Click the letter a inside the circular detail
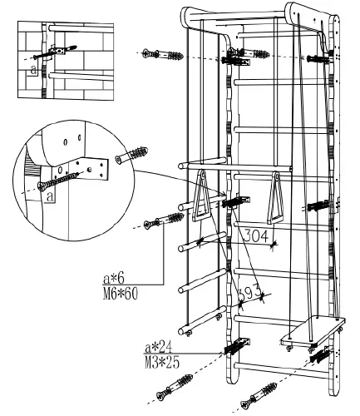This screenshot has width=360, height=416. [x=52, y=196]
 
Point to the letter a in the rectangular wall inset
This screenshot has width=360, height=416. [x=32, y=71]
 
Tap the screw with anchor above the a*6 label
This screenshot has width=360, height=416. [x=165, y=221]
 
